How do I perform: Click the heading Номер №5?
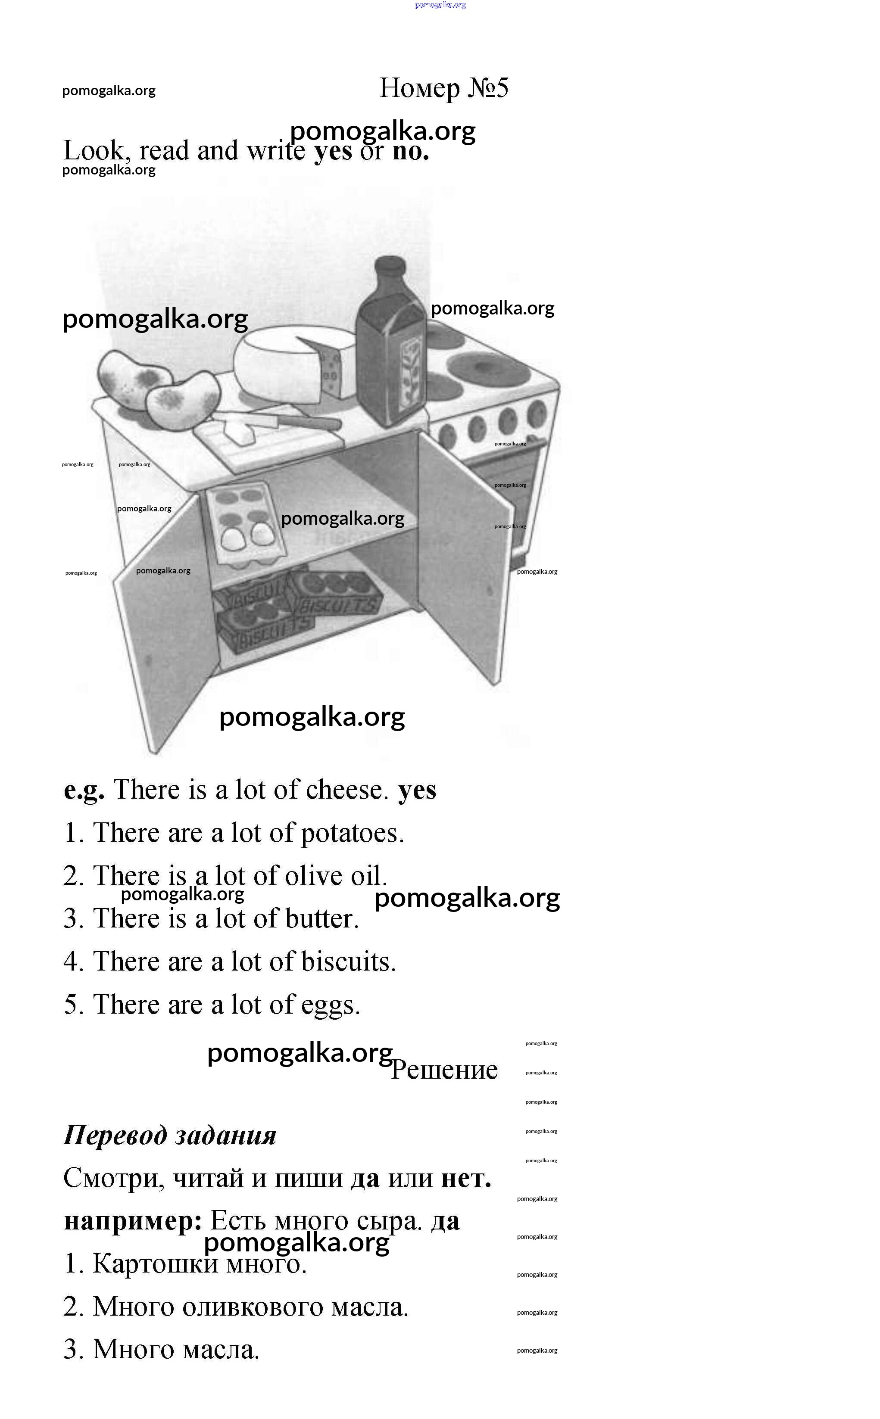tap(443, 88)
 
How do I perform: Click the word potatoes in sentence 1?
tap(352, 833)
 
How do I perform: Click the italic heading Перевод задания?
tap(170, 1135)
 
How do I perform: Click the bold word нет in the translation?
tap(465, 1178)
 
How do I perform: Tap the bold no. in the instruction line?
tap(411, 151)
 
